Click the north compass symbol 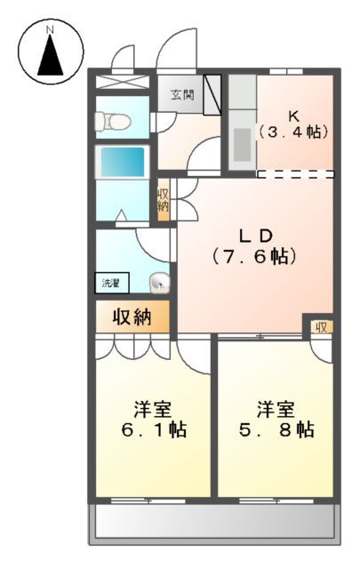point(51,52)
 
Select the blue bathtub point(121,162)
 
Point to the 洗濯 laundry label point(111,284)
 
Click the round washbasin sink point(159,283)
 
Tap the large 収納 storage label point(130,316)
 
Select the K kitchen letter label point(293,114)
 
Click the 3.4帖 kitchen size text point(293,132)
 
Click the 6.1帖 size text point(153,430)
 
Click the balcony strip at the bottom point(213,525)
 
